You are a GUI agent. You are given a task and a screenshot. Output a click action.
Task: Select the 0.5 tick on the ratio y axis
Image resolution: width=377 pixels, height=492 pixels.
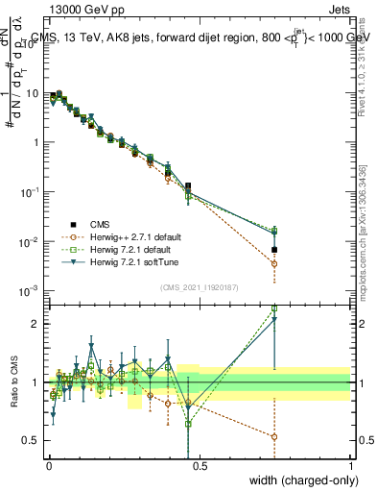(x=35, y=440)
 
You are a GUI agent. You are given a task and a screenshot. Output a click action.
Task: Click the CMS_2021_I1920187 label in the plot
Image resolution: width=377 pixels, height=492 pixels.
(x=200, y=285)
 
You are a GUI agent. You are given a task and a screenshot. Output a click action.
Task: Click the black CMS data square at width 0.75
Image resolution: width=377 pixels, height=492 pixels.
(x=274, y=250)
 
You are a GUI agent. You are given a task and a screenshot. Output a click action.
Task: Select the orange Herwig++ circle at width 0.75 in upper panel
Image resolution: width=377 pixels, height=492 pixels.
(x=274, y=263)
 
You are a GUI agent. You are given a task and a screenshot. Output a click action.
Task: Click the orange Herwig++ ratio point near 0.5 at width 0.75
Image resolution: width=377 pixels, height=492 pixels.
(x=274, y=436)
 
